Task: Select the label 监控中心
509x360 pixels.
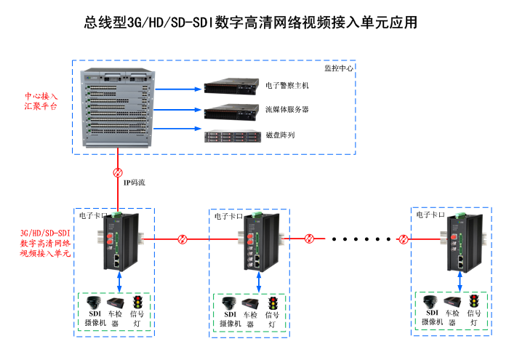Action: (x=338, y=68)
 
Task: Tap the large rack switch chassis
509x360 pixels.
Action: (x=118, y=107)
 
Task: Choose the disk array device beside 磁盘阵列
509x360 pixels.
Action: (x=232, y=135)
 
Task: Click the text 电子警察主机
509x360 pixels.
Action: (x=287, y=86)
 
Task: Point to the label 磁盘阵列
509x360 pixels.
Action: (x=280, y=135)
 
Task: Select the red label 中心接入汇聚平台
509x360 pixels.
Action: (x=41, y=101)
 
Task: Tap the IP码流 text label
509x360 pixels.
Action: (x=134, y=182)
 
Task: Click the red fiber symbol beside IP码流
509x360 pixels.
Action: (x=118, y=173)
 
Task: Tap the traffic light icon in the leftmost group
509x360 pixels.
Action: (x=137, y=301)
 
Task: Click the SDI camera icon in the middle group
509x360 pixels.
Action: (x=228, y=303)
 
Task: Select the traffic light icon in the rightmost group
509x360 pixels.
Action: (x=474, y=300)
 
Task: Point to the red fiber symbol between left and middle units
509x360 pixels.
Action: (x=183, y=238)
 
